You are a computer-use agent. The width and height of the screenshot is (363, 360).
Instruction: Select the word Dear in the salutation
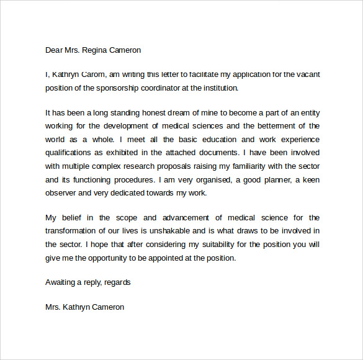coord(55,50)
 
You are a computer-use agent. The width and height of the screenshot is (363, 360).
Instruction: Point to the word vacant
coord(305,74)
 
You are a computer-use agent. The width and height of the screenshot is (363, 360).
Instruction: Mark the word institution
coord(217,88)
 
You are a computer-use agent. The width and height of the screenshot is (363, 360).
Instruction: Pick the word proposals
coord(171,165)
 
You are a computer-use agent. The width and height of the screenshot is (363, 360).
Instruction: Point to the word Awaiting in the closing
coord(61,282)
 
